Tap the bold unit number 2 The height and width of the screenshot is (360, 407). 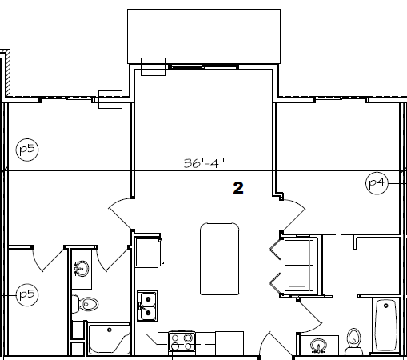(237, 188)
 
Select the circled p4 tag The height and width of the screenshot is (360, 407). (377, 183)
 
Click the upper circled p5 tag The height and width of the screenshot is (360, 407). (27, 149)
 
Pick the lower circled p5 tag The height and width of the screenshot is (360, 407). (27, 294)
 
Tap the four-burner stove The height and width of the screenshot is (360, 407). (183, 343)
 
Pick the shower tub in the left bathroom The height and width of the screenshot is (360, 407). (108, 340)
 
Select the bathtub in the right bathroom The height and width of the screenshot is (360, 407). (386, 326)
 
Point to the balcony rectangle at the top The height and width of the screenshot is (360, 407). (204, 37)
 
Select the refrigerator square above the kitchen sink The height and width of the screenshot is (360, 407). (150, 251)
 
